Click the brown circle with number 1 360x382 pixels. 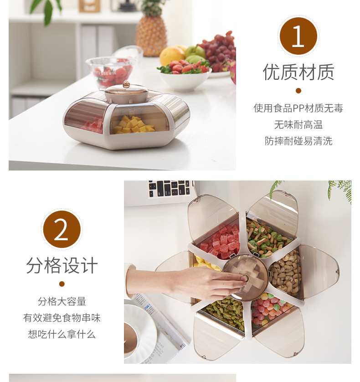click(298, 36)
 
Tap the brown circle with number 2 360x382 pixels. click(62, 229)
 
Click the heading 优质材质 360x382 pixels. click(298, 72)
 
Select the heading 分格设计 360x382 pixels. click(62, 265)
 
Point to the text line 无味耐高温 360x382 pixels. click(298, 125)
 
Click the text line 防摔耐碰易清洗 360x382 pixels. click(298, 141)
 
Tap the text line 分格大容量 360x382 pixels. click(62, 301)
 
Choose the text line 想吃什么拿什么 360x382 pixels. click(62, 334)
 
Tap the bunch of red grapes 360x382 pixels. click(218, 51)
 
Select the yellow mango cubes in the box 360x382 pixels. click(134, 125)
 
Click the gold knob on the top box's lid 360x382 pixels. click(126, 84)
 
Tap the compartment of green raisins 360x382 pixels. click(225, 313)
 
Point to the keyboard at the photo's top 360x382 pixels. click(170, 188)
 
